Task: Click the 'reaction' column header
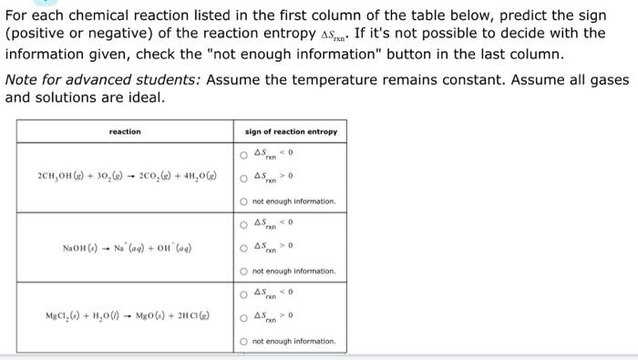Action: [x=125, y=132]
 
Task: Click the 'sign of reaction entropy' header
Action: [x=291, y=132]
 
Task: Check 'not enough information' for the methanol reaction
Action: [x=246, y=201]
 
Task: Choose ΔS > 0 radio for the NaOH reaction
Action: [x=246, y=246]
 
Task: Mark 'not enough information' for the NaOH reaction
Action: [x=246, y=271]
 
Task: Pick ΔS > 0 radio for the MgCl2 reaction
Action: [x=246, y=317]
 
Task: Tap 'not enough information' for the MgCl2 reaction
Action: [x=246, y=342]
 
